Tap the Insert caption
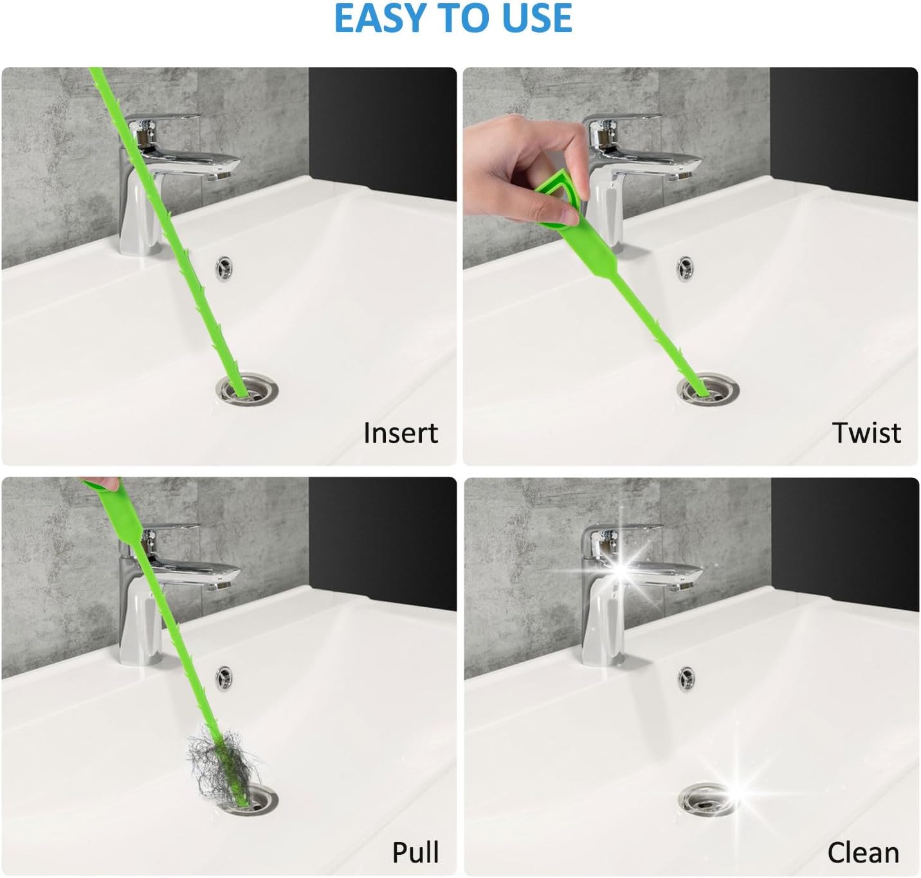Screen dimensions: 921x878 (401, 433)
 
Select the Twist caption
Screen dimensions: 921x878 (867, 433)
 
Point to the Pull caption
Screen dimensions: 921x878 (415, 852)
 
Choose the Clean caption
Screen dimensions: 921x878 (863, 852)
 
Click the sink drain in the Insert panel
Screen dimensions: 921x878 (248, 389)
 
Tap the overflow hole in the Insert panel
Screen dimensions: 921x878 (224, 268)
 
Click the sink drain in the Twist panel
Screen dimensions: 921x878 (708, 389)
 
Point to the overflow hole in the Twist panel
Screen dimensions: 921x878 (686, 269)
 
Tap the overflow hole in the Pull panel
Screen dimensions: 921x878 (224, 678)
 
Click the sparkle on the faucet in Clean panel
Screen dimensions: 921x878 (623, 570)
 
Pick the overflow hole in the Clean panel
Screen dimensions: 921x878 (686, 679)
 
